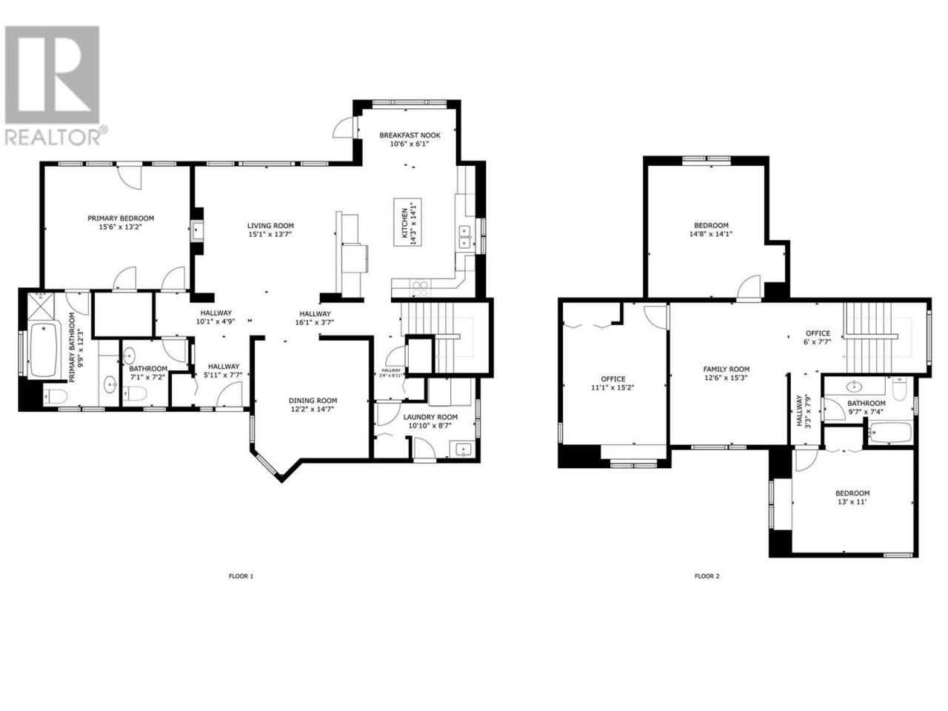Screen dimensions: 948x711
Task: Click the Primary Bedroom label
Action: tap(121, 218)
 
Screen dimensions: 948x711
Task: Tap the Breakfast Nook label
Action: tap(410, 135)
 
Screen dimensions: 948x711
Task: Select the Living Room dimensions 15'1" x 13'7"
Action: tap(270, 235)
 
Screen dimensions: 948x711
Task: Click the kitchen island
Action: tap(407, 222)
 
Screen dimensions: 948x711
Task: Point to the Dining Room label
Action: tap(313, 400)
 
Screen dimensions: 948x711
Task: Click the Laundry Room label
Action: tap(430, 417)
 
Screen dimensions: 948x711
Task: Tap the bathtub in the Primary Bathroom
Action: tap(43, 350)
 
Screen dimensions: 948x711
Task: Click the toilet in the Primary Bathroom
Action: tap(56, 395)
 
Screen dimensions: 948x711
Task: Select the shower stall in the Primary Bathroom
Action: tap(42, 307)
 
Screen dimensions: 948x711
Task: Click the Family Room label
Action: tap(726, 369)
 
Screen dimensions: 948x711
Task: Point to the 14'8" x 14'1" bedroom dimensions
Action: tap(711, 234)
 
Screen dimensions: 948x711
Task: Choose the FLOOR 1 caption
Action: tap(241, 576)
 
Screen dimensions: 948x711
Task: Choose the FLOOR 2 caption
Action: tap(707, 576)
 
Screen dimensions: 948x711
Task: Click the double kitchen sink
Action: tap(464, 238)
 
